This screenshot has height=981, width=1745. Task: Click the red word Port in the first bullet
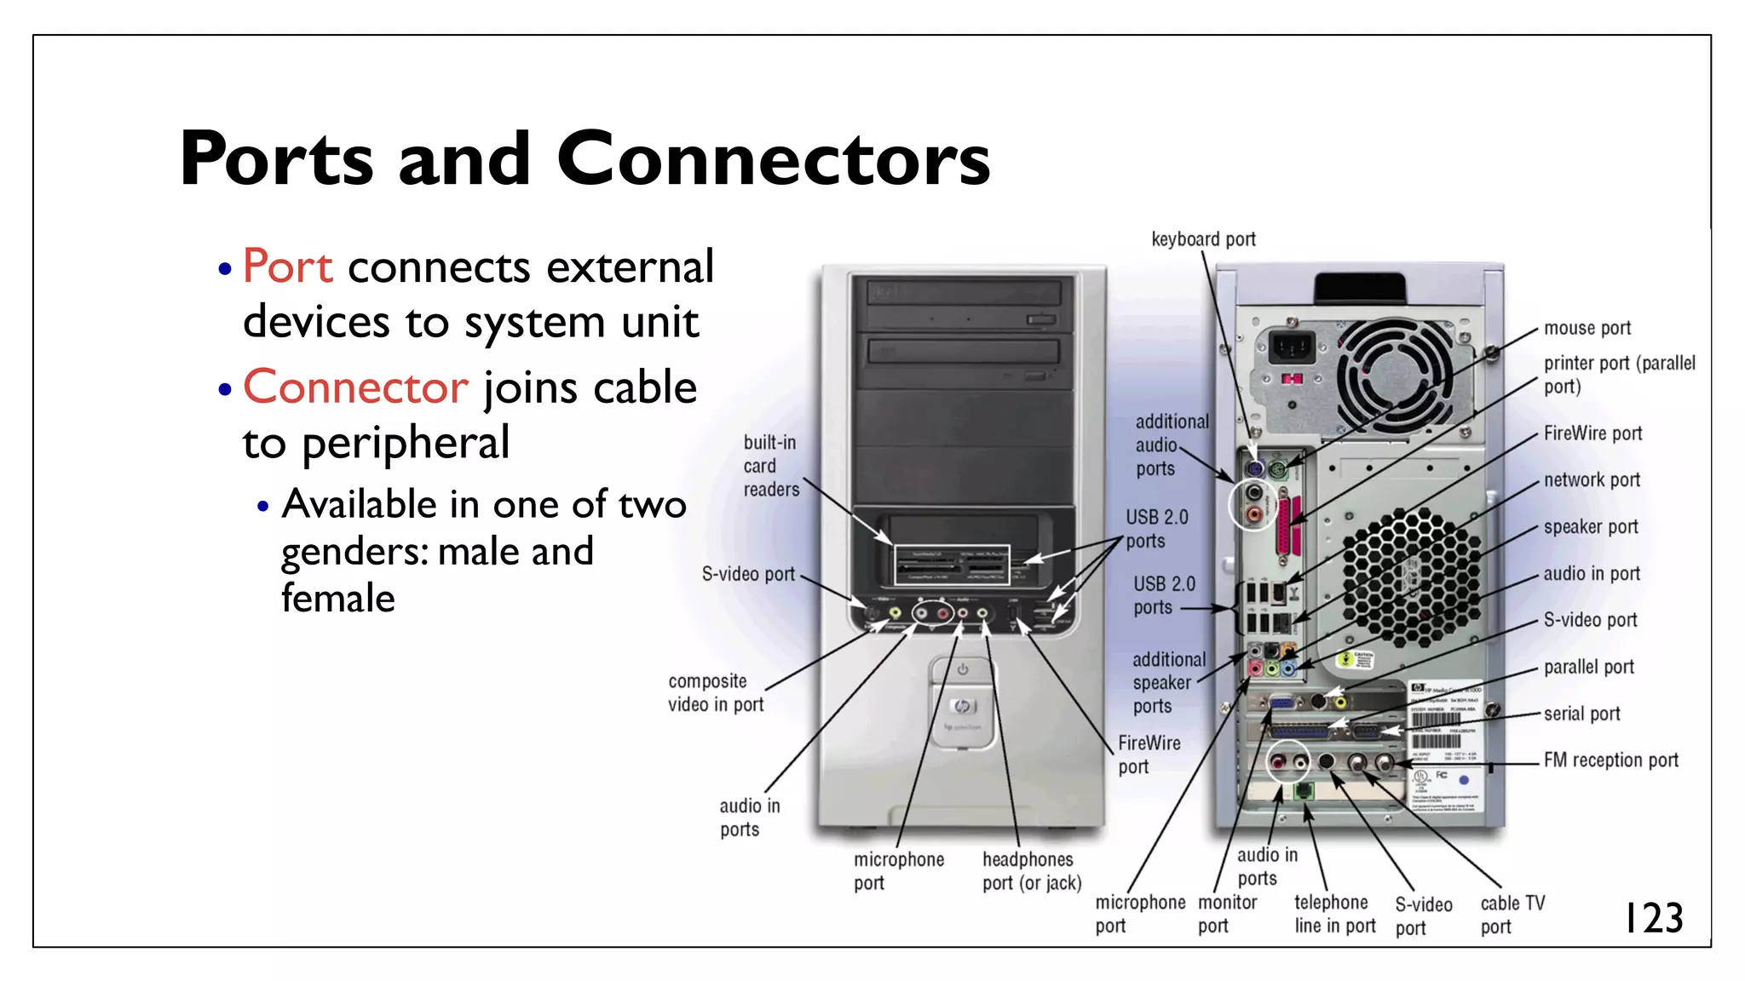(287, 267)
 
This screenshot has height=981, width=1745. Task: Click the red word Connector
(355, 387)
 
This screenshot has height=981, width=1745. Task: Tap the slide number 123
(1653, 919)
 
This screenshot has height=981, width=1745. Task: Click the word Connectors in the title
(773, 159)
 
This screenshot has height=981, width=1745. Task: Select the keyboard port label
(1203, 239)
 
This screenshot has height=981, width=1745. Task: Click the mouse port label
(1587, 329)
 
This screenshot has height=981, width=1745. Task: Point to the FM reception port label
(1610, 760)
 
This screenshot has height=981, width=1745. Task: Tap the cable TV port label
(1511, 915)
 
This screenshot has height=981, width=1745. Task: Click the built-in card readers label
(770, 466)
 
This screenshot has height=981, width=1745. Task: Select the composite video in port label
(715, 692)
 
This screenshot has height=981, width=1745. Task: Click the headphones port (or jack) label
(1031, 871)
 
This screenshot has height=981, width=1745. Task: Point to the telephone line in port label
(1334, 914)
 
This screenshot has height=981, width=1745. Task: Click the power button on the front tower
(962, 670)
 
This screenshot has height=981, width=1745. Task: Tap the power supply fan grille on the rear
(1395, 376)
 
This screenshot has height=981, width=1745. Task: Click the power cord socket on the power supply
(1292, 347)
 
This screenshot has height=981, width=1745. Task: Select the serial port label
(1581, 714)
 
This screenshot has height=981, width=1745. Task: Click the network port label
(1591, 480)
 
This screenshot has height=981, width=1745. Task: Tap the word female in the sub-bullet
(338, 599)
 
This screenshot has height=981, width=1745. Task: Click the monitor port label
(1226, 914)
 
